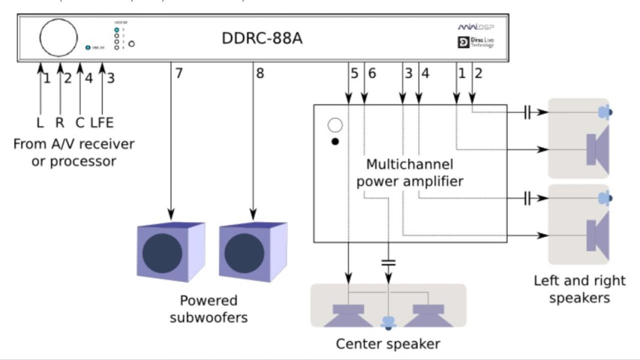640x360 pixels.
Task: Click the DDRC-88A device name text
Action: pyautogui.click(x=262, y=39)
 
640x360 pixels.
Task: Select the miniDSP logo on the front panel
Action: pyautogui.click(x=476, y=28)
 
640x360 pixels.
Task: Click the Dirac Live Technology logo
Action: pyautogui.click(x=476, y=43)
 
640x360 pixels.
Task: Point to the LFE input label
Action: pyautogui.click(x=101, y=123)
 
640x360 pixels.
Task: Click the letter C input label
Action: pyautogui.click(x=80, y=123)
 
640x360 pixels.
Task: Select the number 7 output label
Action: pyautogui.click(x=178, y=74)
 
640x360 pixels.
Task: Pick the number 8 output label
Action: pyautogui.click(x=260, y=74)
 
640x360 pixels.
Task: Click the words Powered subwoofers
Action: pyautogui.click(x=209, y=308)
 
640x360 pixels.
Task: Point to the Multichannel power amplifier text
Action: pyautogui.click(x=410, y=172)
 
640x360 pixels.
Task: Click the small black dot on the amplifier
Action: pyautogui.click(x=335, y=142)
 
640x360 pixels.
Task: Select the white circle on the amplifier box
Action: pyautogui.click(x=335, y=125)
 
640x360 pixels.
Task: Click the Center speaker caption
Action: pyautogui.click(x=387, y=344)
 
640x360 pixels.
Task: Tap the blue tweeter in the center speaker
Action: pyautogui.click(x=389, y=323)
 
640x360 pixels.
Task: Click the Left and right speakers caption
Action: pyautogui.click(x=579, y=289)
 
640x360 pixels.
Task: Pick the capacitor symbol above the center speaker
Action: pyautogui.click(x=389, y=262)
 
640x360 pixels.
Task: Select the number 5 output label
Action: pyautogui.click(x=354, y=74)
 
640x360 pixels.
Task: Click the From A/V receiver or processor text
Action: pyautogui.click(x=74, y=152)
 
